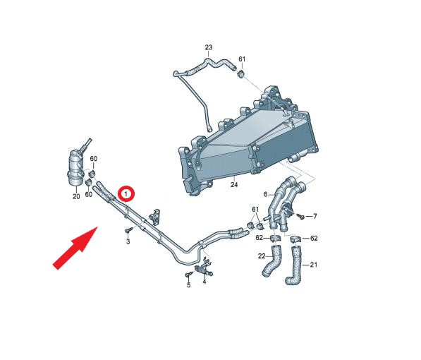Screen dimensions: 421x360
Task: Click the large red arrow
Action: tap(75, 248)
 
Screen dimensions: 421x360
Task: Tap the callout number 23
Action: tap(209, 47)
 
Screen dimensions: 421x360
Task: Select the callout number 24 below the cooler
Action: tap(234, 184)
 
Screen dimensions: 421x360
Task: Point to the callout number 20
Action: tap(76, 196)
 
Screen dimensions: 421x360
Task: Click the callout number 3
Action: tap(128, 241)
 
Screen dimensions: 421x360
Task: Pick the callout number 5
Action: tap(188, 285)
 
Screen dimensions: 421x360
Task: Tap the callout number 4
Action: tap(205, 282)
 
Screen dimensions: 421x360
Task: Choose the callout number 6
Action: tap(266, 194)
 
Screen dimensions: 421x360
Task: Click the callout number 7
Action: tap(315, 216)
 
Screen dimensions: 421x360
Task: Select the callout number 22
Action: tap(262, 256)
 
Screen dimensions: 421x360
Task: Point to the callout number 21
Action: tap(313, 265)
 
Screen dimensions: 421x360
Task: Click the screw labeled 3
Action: tap(129, 230)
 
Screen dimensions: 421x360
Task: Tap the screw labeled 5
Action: tap(189, 274)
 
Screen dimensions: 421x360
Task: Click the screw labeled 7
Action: tap(300, 216)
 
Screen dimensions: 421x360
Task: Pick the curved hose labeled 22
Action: tap(270, 261)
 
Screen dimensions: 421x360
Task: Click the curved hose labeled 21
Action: tap(295, 265)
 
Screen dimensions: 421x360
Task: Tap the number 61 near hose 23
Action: tap(242, 59)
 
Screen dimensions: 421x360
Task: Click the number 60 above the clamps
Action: tap(93, 159)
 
